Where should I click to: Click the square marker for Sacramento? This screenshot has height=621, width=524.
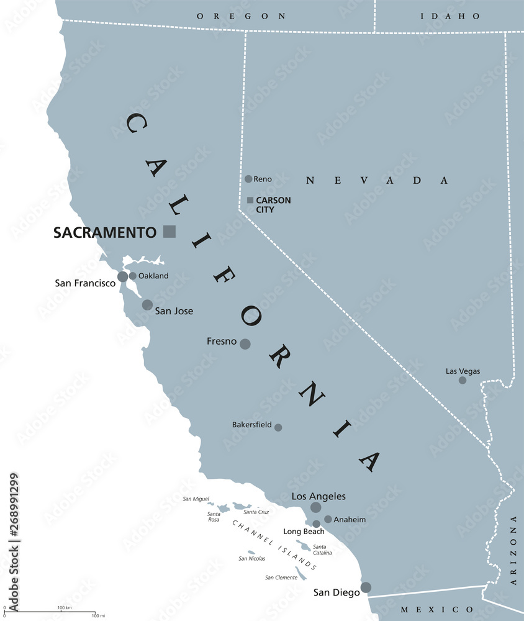point(169,232)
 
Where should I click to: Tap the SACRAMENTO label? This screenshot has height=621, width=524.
point(104,232)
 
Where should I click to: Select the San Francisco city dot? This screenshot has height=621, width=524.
point(123,276)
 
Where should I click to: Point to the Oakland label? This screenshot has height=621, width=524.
point(153,276)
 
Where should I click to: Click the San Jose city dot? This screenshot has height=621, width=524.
point(147,304)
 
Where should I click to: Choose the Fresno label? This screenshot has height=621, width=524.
point(221,342)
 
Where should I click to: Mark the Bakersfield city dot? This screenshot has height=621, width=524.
point(278,427)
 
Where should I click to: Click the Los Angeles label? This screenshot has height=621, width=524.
point(318,496)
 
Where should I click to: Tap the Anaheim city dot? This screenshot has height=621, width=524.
point(328,519)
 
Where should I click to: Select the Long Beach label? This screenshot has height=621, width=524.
point(304,532)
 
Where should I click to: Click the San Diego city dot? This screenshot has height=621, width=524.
point(366,587)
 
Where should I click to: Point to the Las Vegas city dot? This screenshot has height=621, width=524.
point(463,380)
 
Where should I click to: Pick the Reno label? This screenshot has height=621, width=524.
point(263,179)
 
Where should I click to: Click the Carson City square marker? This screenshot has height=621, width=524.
point(250,200)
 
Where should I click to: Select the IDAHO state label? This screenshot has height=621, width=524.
point(441,16)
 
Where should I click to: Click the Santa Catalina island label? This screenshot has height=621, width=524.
point(322,549)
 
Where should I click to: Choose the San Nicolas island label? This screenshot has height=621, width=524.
point(251,558)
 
